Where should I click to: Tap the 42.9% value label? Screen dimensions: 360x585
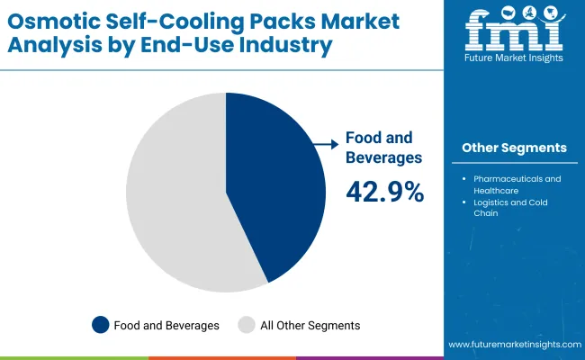coord(384,191)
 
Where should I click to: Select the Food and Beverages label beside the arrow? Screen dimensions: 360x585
coord(379,148)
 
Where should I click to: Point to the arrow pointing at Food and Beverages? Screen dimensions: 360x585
coord(325,141)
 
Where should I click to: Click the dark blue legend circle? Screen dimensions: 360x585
coord(101,325)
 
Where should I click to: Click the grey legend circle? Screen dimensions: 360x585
coord(246,325)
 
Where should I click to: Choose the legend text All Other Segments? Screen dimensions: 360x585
coord(309,325)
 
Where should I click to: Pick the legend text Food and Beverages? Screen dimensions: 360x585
coord(166,325)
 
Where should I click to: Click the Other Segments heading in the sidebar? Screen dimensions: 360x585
coord(514,148)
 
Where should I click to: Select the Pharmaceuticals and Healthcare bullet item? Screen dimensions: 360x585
coord(516,184)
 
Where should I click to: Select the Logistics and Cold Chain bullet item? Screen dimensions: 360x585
coord(509,208)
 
